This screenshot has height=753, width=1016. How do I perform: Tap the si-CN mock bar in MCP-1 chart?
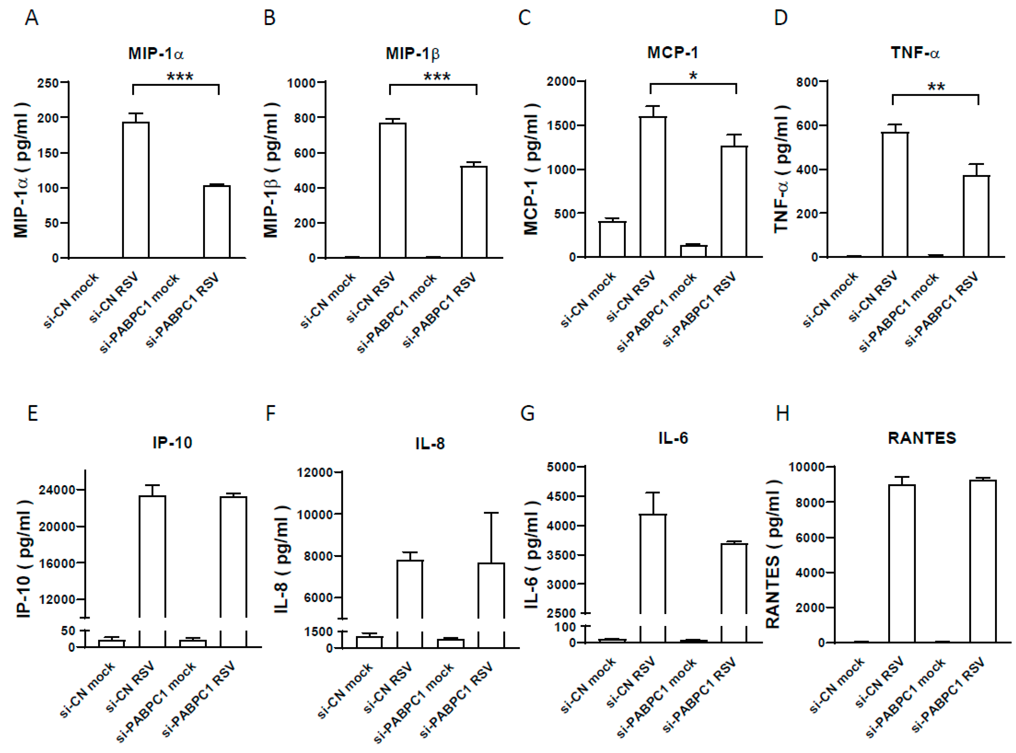click(612, 239)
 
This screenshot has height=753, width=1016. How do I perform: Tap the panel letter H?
click(783, 413)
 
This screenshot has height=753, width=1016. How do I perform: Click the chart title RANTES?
click(922, 438)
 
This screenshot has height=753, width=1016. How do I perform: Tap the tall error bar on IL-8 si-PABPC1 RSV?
click(491, 538)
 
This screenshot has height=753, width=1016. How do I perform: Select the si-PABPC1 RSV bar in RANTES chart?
click(983, 561)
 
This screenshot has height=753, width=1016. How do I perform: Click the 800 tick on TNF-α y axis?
click(806, 82)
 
